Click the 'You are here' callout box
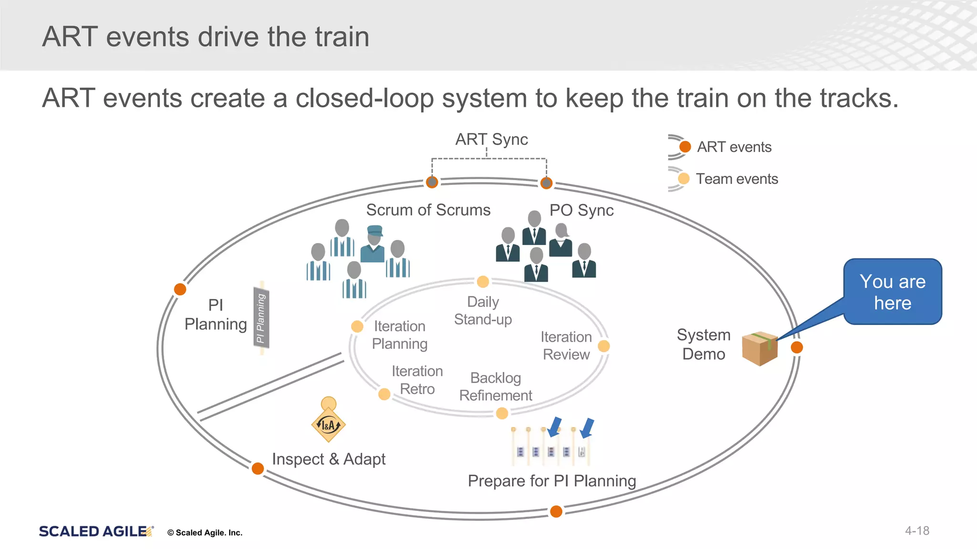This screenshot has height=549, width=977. [x=892, y=292]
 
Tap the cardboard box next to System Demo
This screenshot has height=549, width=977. [x=759, y=348]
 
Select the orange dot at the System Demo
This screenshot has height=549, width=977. [x=797, y=347]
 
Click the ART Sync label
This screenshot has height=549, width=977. [x=491, y=139]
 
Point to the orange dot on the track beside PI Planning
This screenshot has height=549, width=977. [x=180, y=289]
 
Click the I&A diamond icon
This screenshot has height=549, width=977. [x=328, y=425]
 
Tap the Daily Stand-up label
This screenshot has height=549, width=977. [x=483, y=310]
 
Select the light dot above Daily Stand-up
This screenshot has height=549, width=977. [x=483, y=282]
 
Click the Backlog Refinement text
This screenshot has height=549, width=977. [x=495, y=386]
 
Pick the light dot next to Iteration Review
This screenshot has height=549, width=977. [x=603, y=346]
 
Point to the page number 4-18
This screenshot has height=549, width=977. [x=917, y=530]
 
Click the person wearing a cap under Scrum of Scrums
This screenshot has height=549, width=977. [x=374, y=244]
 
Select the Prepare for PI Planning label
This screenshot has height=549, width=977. [x=551, y=480]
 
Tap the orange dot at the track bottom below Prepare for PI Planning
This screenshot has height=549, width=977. [x=556, y=511]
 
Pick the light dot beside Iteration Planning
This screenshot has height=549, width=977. [x=357, y=326]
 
